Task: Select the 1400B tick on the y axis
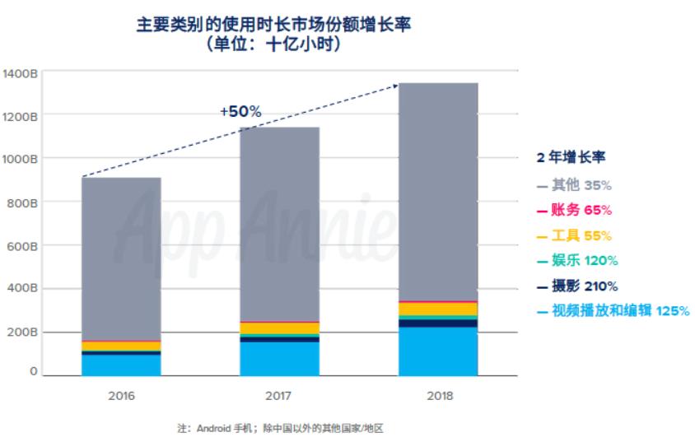(x=20, y=73)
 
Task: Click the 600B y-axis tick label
(x=21, y=246)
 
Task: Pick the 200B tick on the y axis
(x=21, y=332)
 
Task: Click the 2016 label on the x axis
(x=121, y=395)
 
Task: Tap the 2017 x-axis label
(x=279, y=395)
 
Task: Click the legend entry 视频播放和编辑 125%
(x=609, y=311)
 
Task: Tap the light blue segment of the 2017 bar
(x=279, y=359)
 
